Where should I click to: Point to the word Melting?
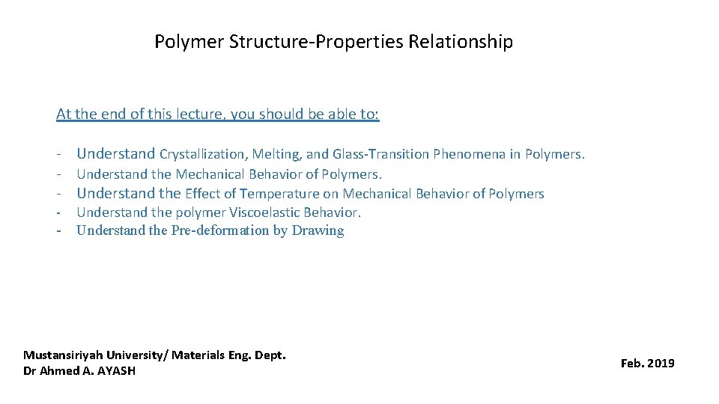click(278, 155)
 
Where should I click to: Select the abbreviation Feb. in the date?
click(631, 364)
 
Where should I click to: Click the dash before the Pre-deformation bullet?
click(58, 230)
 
